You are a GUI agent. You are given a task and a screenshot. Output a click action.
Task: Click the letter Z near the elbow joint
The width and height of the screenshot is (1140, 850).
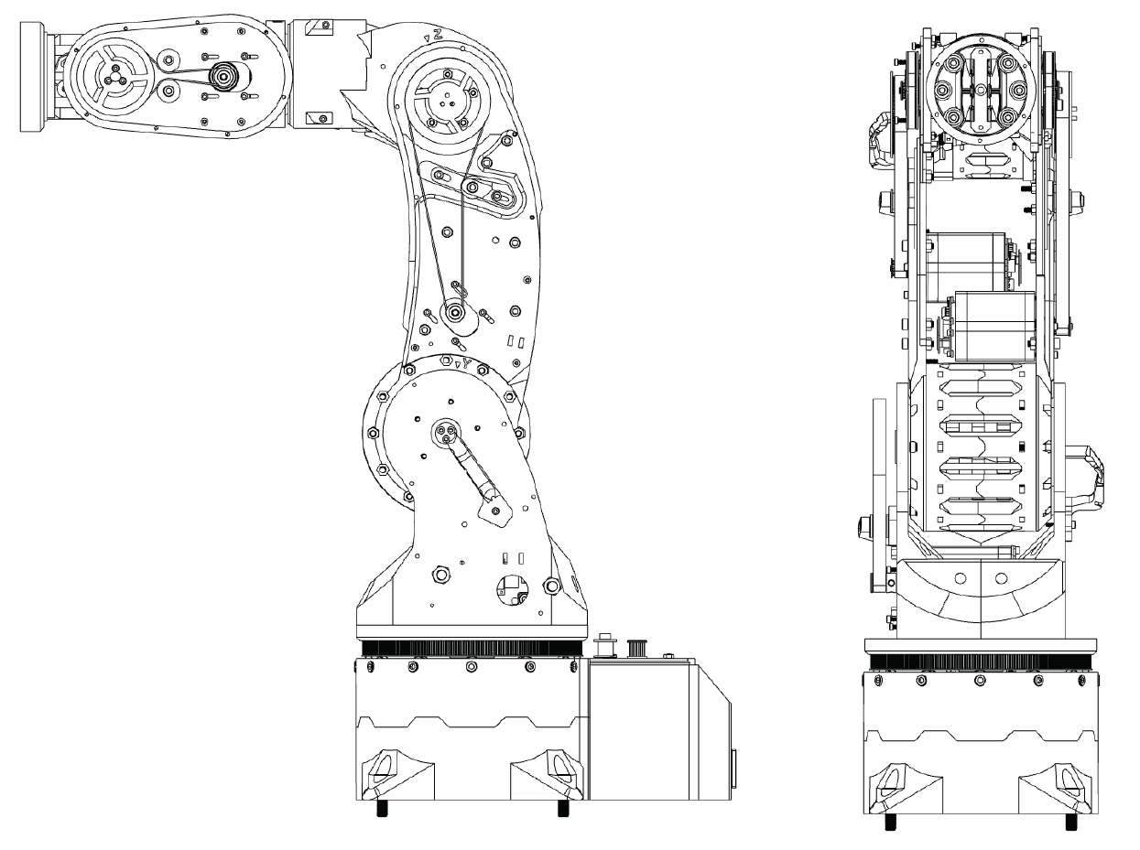coord(438,34)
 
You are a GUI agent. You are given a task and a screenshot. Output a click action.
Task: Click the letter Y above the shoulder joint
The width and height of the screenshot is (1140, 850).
coord(467,363)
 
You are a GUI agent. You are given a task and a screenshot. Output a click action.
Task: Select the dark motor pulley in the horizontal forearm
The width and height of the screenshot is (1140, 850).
coord(223,78)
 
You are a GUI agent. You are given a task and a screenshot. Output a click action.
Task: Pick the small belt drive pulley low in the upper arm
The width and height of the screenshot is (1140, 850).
coord(455,314)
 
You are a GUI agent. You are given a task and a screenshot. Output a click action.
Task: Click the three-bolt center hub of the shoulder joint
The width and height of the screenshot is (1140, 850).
coord(445,433)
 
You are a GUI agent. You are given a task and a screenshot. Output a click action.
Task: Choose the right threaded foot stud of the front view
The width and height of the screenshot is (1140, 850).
coord(1070,821)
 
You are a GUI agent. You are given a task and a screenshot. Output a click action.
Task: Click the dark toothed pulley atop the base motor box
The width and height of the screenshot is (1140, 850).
coord(631,647)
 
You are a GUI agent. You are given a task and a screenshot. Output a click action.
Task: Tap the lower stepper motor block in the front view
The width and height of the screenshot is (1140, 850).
coord(993,327)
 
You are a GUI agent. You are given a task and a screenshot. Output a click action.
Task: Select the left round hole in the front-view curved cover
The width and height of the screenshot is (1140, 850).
coord(960,578)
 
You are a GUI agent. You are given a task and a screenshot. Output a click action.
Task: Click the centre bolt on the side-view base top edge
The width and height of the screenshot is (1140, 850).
coord(471,667)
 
